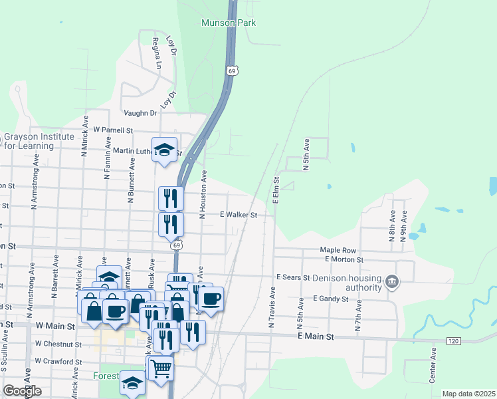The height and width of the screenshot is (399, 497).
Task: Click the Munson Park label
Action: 229,23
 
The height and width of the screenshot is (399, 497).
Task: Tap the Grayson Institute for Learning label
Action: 38,141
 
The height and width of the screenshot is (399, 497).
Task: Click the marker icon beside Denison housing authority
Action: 393,282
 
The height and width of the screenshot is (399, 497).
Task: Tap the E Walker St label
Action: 237,215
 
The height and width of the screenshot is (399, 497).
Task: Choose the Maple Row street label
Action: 334,250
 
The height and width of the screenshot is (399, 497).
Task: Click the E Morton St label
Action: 342,259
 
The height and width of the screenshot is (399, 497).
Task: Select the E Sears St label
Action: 293,277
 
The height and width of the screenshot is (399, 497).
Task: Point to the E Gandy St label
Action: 330,299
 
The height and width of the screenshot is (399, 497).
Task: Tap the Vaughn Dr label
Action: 140,114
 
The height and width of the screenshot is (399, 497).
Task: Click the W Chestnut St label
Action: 58,344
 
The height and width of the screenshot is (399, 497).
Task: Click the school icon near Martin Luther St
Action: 163,149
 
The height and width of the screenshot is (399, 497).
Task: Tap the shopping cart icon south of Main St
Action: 160,367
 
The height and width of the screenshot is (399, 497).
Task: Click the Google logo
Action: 22,391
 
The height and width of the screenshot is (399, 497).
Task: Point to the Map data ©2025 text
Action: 468,394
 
